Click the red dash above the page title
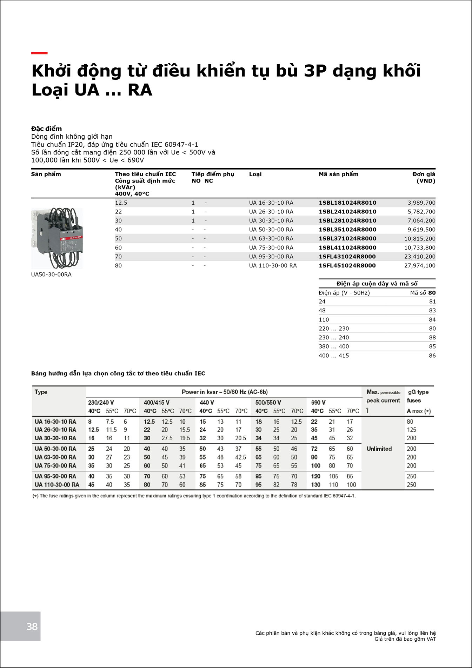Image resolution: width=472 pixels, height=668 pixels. click(39, 53)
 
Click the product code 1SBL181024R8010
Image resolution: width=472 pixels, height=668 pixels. click(347, 203)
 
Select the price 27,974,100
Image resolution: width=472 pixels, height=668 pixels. click(419, 265)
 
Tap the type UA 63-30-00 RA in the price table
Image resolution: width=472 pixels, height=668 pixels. click(271, 238)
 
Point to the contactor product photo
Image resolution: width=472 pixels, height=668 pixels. click(57, 238)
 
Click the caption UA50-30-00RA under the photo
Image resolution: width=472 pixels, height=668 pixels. click(51, 275)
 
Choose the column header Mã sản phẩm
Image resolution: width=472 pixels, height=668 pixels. click(338, 174)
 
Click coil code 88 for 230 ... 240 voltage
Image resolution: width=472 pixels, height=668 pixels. click(432, 337)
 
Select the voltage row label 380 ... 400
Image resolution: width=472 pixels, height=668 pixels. click(334, 346)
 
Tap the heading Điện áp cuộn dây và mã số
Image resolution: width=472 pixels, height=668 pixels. click(377, 284)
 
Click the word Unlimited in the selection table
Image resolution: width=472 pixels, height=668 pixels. click(379, 449)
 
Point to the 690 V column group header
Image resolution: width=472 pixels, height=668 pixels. click(318, 403)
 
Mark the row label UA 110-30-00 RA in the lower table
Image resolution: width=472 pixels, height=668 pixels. click(57, 485)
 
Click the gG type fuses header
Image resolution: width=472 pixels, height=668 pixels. click(418, 396)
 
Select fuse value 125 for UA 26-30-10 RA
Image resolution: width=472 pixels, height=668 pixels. click(411, 430)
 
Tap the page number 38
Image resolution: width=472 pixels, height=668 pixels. click(32, 627)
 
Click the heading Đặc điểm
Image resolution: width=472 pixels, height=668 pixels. click(46, 129)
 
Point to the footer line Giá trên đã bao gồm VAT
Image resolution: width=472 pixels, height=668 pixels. click(405, 639)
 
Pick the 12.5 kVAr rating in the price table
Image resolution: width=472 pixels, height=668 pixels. click(121, 203)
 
